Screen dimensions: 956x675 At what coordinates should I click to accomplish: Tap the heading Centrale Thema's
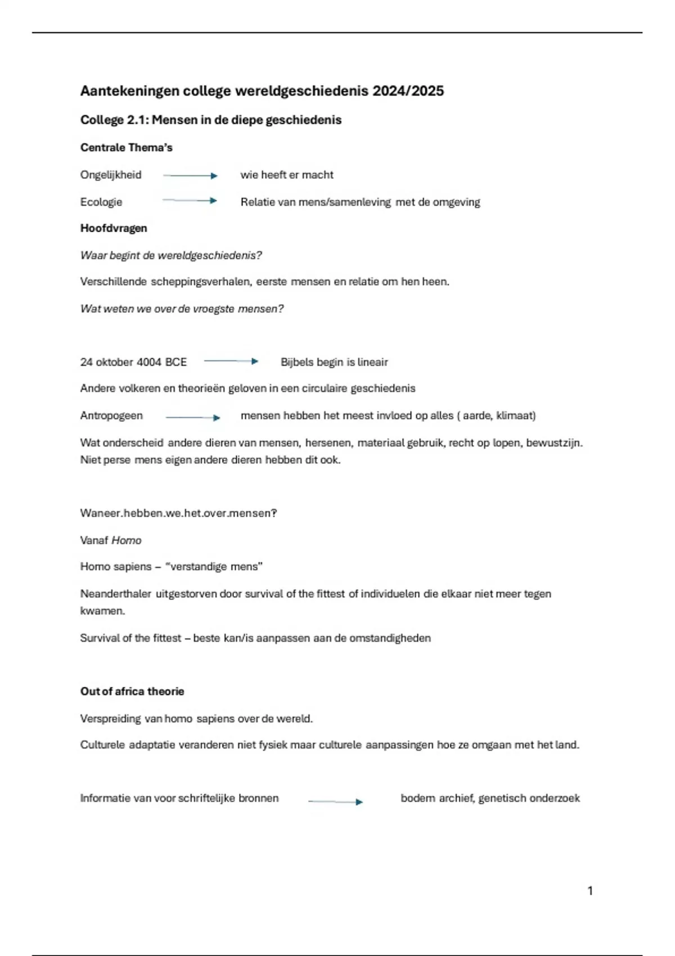coord(126,148)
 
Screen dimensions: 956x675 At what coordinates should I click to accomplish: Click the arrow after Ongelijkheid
coord(190,176)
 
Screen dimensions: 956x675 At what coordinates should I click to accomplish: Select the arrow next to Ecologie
coord(190,201)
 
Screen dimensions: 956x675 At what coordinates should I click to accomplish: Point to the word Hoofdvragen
coord(114,228)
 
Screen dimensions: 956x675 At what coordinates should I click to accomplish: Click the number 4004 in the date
coord(149,362)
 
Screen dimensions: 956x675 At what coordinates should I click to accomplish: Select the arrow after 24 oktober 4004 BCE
coord(231,362)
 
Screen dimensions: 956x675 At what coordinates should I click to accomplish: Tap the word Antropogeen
coord(111,416)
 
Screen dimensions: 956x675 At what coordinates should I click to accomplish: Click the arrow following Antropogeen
coord(192,417)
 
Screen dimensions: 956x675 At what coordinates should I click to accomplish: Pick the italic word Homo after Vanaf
coord(127,540)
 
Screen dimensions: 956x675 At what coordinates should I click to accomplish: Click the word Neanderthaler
coord(115,594)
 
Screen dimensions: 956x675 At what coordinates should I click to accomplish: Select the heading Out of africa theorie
coord(132,692)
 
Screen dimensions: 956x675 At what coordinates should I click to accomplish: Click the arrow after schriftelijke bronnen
coord(335,801)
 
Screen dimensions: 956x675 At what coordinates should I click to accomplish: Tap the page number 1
coord(590,891)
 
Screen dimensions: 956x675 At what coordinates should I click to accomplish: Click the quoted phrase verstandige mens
coord(214,567)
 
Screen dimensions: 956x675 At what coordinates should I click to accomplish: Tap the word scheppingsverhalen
coord(200,282)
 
